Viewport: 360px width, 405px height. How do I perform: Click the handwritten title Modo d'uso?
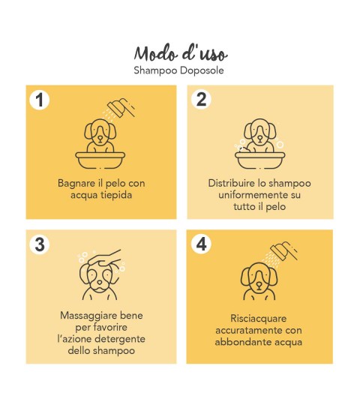pyautogui.click(x=181, y=53)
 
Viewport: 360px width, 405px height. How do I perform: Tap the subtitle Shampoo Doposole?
pyautogui.click(x=178, y=70)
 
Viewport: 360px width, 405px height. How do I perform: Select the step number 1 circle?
pyautogui.click(x=40, y=100)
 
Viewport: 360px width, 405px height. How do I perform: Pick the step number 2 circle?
pyautogui.click(x=202, y=99)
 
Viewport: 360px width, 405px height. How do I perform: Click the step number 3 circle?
pyautogui.click(x=40, y=244)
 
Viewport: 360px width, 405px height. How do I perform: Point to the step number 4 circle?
pyautogui.click(x=202, y=244)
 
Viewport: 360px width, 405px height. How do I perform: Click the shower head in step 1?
pyautogui.click(x=121, y=107)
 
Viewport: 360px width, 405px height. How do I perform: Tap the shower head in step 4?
pyautogui.click(x=284, y=250)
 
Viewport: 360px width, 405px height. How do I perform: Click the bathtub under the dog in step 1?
pyautogui.click(x=100, y=160)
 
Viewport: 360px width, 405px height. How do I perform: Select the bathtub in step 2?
pyautogui.click(x=259, y=160)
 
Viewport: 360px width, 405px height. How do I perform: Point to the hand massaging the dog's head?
pyautogui.click(x=104, y=258)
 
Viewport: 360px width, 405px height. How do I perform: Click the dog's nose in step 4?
pyautogui.click(x=259, y=285)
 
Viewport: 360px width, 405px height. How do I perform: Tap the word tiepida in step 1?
pyautogui.click(x=116, y=195)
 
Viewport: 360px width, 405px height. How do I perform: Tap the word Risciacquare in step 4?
pyautogui.click(x=259, y=318)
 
